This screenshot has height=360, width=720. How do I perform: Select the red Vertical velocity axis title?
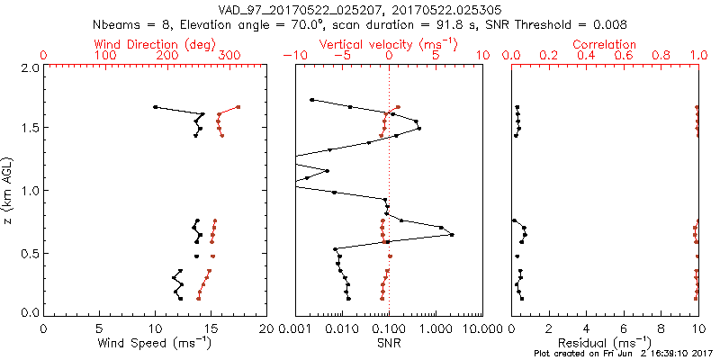pyautogui.click(x=388, y=44)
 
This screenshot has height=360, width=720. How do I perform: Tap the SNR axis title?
pyautogui.click(x=389, y=342)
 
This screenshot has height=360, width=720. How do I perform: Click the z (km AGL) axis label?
pyautogui.click(x=9, y=189)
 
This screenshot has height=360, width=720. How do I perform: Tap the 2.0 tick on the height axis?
pyautogui.click(x=29, y=67)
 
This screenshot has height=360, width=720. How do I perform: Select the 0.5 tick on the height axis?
pyautogui.click(x=29, y=253)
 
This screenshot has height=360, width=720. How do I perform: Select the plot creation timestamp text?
pyautogui.click(x=621, y=354)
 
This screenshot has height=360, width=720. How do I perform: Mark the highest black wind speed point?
pyautogui.click(x=155, y=107)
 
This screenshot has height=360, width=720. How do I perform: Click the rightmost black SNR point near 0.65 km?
pyautogui.click(x=451, y=235)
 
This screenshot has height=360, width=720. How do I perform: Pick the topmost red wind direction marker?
pyautogui.click(x=238, y=107)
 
